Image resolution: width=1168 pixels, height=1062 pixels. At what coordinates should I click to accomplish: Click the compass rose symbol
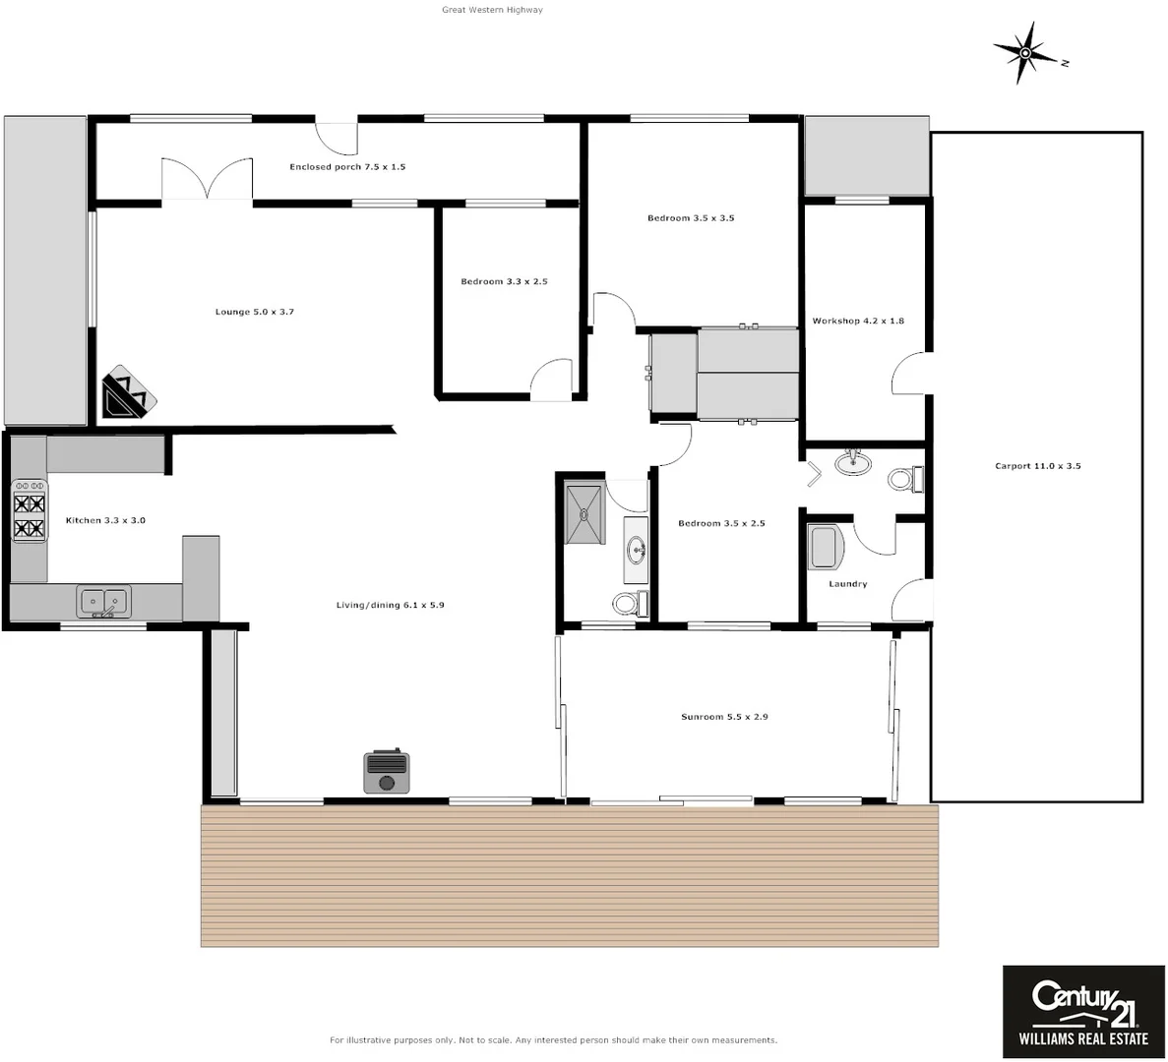(1025, 52)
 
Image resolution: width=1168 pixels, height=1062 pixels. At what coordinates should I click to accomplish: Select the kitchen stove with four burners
(29, 509)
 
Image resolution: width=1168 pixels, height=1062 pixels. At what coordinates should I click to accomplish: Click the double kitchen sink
(104, 600)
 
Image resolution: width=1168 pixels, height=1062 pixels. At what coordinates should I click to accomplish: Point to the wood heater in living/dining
(387, 771)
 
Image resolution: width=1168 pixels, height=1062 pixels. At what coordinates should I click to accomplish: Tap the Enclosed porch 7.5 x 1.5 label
(347, 167)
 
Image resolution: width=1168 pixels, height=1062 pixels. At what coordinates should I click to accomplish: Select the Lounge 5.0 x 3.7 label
(255, 312)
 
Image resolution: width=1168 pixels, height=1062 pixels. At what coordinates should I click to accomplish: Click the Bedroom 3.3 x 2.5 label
(504, 282)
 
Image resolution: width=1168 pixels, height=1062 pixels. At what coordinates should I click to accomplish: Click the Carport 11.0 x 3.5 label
(1037, 466)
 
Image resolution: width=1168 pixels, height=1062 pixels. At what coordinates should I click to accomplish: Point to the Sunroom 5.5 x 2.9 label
(724, 717)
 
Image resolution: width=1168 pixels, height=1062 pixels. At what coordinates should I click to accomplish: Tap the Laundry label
(847, 584)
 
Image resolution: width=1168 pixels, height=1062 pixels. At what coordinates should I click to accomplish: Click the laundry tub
(825, 548)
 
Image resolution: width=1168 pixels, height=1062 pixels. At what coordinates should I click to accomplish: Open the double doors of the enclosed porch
(207, 179)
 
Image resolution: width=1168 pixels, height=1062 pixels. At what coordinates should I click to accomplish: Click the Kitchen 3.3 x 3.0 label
(105, 520)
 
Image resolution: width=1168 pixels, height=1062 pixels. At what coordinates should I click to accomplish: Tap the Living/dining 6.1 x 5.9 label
(390, 606)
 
